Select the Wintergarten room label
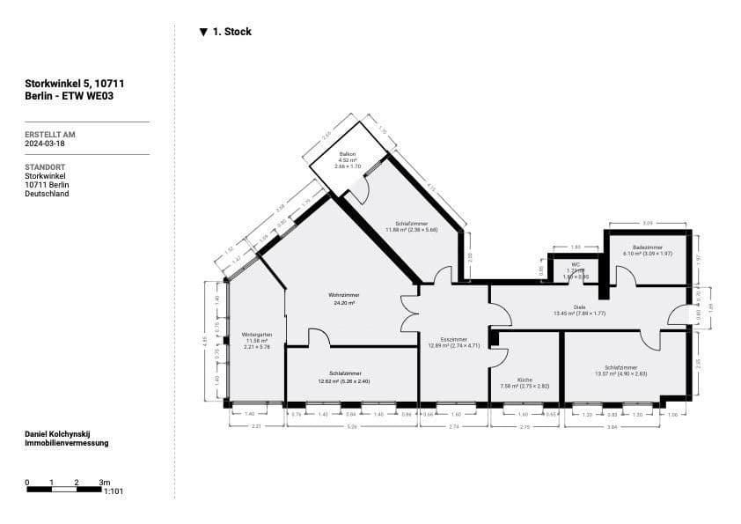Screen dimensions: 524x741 [x=256, y=335]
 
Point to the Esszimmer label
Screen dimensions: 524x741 [x=453, y=340]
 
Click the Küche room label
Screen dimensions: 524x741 [x=524, y=380]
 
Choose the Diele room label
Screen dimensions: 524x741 [x=579, y=307]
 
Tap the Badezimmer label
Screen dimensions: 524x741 [x=647, y=247]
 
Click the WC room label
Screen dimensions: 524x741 [x=576, y=264]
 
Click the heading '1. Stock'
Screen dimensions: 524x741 [x=232, y=32]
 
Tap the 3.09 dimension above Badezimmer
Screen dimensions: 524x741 [x=647, y=223]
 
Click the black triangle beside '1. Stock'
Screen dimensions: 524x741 [x=203, y=32]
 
